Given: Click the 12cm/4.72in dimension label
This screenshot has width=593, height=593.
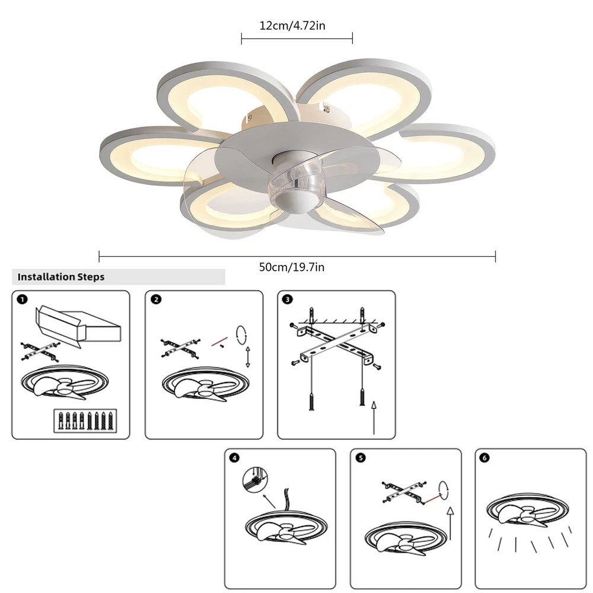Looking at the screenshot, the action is pos(292,25).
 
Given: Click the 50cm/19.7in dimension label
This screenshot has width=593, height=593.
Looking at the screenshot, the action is pos(292,267).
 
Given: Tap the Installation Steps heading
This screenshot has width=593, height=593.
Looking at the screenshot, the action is pos(61,277).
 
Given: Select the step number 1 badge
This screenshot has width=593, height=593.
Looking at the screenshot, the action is pos(23,300).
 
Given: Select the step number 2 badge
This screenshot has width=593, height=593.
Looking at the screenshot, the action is pos(156,299).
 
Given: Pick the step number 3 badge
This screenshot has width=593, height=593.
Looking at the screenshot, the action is pos(288,299).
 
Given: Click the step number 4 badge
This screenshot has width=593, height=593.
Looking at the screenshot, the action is pos(234,458).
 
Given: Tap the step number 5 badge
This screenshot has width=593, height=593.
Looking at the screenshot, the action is pos(361,458).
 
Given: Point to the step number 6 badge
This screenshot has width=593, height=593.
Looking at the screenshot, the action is pos(484,458).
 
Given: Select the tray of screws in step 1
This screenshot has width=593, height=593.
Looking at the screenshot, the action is pos(85,420).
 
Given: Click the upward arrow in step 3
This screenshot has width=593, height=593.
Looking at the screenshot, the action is pos(374,417).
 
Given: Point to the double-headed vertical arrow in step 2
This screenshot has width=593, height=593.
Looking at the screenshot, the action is pos(248,356).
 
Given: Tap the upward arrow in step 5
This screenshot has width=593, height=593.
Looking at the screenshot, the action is pos(450,524).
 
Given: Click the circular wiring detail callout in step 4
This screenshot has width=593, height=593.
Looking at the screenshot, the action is pos(255,480).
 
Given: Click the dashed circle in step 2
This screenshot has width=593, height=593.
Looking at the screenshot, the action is pos(241,334).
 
